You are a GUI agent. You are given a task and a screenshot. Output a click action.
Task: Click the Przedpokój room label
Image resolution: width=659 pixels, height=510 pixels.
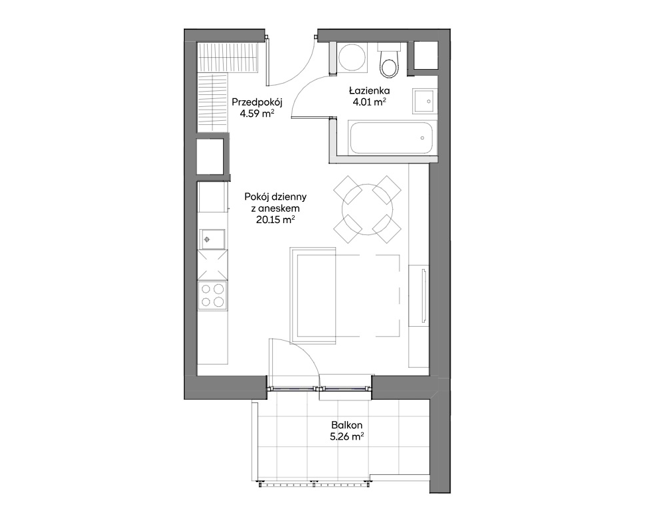257,102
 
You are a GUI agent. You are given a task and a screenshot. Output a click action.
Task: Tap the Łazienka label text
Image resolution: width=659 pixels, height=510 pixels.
370,90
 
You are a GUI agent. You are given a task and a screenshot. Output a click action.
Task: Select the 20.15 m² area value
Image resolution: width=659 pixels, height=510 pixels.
275,219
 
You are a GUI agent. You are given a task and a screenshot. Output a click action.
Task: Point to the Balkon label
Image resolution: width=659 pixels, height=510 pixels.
346,425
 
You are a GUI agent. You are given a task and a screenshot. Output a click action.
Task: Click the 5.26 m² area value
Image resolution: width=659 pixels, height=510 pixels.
346,436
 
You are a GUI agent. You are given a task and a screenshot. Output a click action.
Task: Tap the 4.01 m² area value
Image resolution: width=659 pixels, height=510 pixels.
370,102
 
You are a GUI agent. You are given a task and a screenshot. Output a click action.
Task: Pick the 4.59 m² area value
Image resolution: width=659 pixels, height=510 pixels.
257,114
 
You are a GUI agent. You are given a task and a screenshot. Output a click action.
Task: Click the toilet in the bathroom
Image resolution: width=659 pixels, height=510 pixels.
389,60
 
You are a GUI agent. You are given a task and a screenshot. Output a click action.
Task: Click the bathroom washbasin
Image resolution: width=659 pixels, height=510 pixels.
423,102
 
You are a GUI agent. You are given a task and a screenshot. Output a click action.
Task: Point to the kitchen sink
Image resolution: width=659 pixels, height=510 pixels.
212,239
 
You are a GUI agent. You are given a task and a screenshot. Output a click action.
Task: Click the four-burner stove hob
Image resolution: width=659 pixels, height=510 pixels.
212,295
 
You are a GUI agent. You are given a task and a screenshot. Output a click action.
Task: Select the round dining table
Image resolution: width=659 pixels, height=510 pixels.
367,209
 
